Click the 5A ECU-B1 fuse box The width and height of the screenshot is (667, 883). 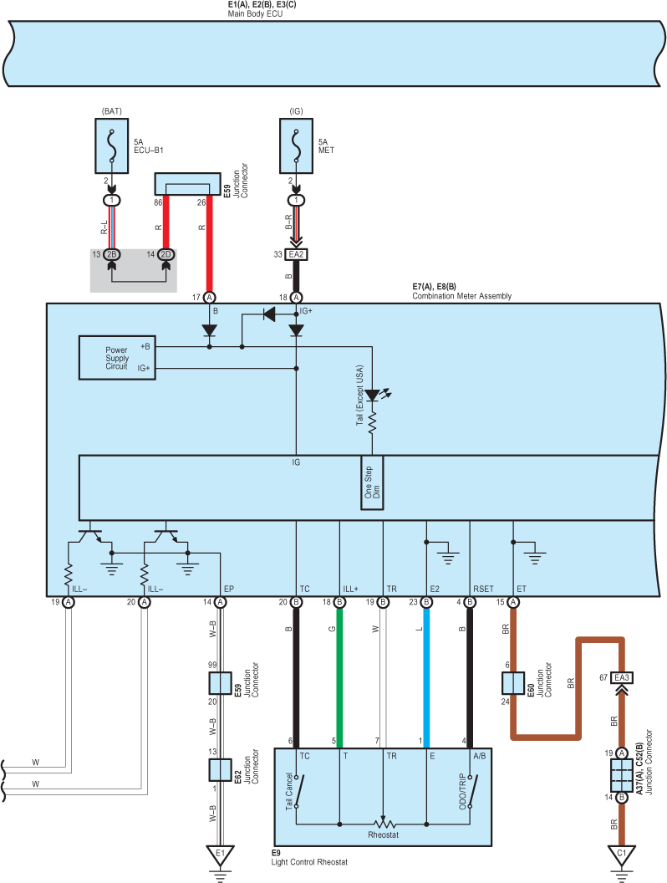(x=111, y=145)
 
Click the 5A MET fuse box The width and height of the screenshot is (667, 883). (x=296, y=145)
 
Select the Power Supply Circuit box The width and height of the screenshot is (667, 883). (x=117, y=358)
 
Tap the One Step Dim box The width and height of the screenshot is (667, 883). (x=372, y=482)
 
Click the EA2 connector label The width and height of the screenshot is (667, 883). (x=296, y=254)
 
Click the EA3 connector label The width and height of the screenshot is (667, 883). (x=621, y=677)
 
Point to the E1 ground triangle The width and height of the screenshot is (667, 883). (x=220, y=855)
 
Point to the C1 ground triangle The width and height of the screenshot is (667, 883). (x=621, y=855)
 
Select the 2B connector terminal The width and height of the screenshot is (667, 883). (x=111, y=254)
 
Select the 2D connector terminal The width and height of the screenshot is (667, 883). (x=166, y=254)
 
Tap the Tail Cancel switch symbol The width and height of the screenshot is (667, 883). (x=299, y=791)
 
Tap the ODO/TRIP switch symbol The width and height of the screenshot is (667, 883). (x=473, y=791)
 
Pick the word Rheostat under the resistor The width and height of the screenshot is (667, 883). (x=384, y=835)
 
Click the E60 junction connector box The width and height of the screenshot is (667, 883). (x=512, y=683)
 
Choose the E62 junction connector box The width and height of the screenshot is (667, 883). (x=220, y=770)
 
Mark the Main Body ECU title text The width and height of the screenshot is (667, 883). (x=255, y=13)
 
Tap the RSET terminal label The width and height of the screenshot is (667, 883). (x=483, y=589)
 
